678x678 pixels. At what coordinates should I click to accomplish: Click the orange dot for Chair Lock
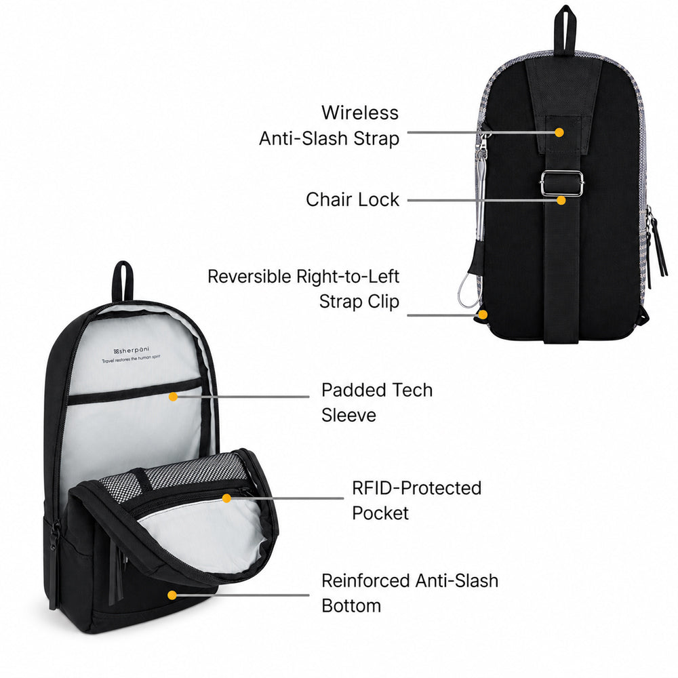coord(561,200)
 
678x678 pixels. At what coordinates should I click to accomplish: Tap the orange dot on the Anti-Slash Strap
coord(559,132)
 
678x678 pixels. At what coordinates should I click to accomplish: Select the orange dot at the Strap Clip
coord(483,315)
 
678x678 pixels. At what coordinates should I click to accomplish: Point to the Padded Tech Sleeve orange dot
coord(173,397)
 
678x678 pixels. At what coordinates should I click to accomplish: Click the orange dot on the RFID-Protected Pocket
coord(226,498)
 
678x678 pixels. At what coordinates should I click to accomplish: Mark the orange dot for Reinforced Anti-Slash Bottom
coord(172,595)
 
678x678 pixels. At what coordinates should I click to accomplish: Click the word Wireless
coord(360,113)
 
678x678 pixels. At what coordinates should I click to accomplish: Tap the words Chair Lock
coord(353,199)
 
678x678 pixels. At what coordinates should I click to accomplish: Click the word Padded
coord(349,390)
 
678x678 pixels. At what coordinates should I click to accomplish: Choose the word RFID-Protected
coord(416,487)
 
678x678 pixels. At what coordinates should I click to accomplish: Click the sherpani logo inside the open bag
coord(132,351)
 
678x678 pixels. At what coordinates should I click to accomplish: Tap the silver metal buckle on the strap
coord(561,183)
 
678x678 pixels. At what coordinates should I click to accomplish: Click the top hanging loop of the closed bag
coord(565,31)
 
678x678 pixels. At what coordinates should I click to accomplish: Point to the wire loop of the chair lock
coord(468,290)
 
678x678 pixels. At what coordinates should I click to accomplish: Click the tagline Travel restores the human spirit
coord(131,359)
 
